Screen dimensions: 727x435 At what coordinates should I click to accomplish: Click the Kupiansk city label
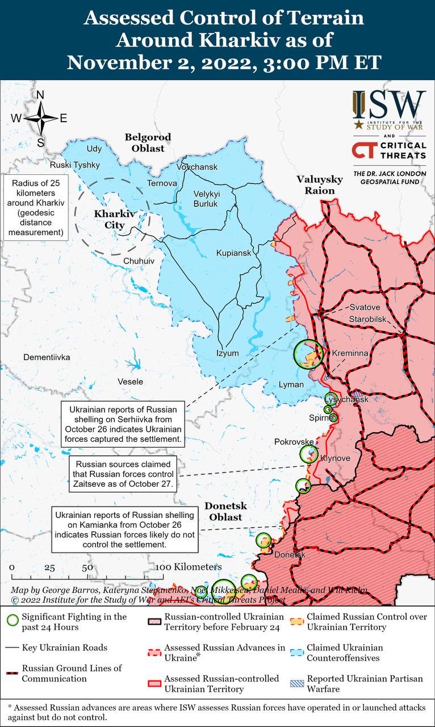(x=233, y=253)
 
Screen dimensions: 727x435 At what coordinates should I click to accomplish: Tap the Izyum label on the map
(x=227, y=353)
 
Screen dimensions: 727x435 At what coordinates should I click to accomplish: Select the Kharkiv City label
(x=109, y=220)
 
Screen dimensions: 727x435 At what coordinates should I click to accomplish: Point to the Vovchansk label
(x=197, y=167)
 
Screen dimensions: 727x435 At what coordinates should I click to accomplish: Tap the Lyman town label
(x=291, y=385)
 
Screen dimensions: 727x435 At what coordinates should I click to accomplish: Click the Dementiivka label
(x=47, y=357)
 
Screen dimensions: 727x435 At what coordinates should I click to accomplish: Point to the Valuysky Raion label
(x=320, y=185)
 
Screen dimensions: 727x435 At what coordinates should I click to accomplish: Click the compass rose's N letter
(x=40, y=95)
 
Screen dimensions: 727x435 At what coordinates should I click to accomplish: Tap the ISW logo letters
(x=389, y=105)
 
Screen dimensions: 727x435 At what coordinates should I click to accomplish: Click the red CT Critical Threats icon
(x=362, y=151)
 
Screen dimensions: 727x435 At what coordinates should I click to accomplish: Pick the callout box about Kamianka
(x=125, y=529)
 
